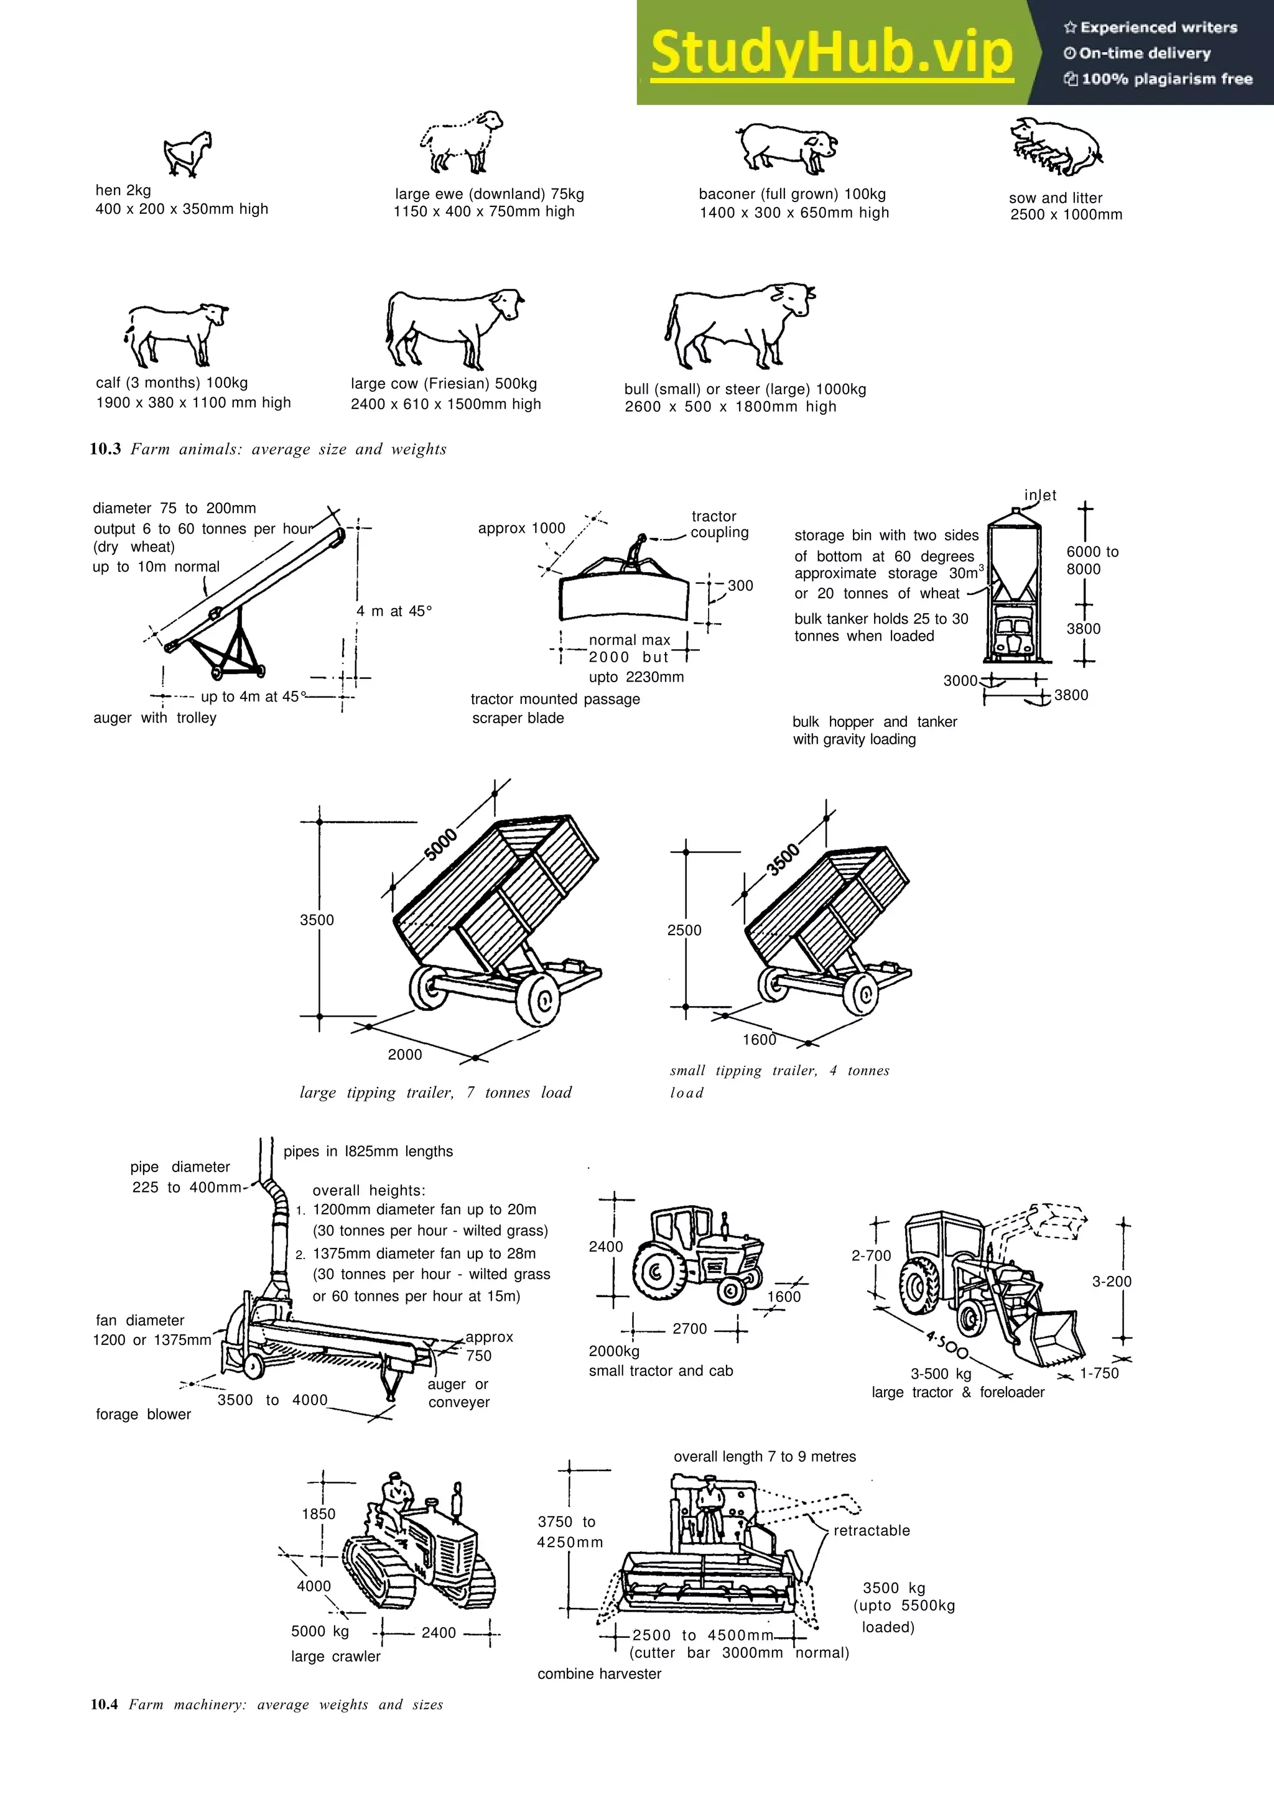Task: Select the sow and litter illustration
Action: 1056,147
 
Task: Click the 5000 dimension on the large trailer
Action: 440,844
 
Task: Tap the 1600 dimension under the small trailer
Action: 759,1040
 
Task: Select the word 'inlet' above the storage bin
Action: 1040,495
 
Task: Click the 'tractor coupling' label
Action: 718,524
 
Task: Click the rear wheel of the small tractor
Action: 658,1272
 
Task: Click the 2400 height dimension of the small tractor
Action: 606,1246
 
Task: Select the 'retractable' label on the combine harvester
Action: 872,1530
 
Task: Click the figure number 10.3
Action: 105,449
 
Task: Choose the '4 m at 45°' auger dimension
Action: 394,611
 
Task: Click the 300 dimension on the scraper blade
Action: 740,586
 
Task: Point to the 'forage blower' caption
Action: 143,1413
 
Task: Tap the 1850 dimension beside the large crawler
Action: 318,1514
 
